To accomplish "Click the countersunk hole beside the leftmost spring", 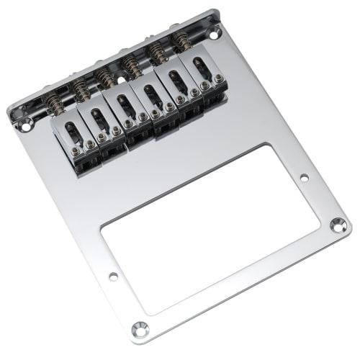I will coord(27,127).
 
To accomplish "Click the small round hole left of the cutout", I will coord(113,276).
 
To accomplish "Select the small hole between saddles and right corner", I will coord(304,176).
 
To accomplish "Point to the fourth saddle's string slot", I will coord(150,94).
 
